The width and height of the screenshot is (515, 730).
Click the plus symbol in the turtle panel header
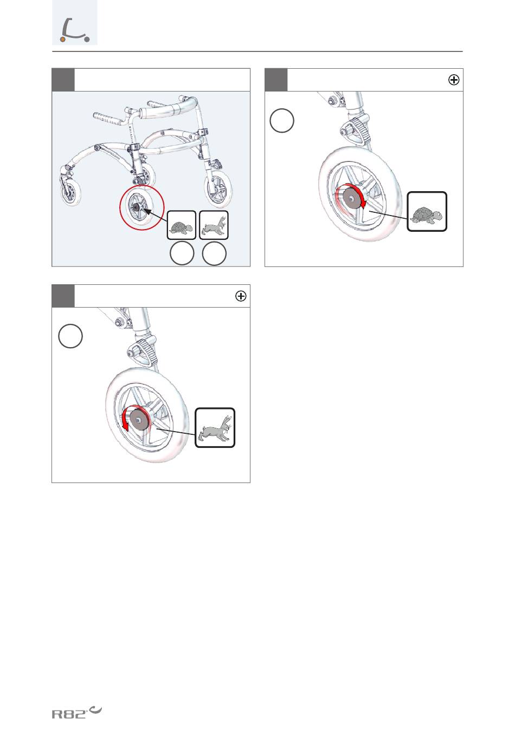coord(454,80)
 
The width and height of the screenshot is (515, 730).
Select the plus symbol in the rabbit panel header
coord(241,296)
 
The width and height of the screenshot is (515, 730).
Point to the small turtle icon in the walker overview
coord(182,225)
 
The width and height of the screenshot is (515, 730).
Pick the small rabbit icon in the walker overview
coord(214,225)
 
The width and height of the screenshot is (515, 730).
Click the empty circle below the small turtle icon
coord(182,253)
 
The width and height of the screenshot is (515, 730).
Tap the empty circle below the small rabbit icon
coord(214,253)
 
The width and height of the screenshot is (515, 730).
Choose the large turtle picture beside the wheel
coord(427,212)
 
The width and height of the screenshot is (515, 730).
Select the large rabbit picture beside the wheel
coord(215,428)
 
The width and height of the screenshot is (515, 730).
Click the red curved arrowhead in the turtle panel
coord(363,204)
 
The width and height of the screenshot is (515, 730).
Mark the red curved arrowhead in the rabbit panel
coord(125,427)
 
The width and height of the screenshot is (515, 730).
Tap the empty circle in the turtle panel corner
coord(282,121)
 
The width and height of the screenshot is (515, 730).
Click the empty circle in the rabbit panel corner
coord(70,336)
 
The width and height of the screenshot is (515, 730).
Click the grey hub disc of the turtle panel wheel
coord(351,198)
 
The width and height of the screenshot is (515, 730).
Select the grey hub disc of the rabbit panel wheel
coord(139,420)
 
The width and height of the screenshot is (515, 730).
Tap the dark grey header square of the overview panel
coord(63,80)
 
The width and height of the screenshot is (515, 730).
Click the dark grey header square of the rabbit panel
coord(63,296)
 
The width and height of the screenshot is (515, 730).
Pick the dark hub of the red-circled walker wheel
coord(136,206)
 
